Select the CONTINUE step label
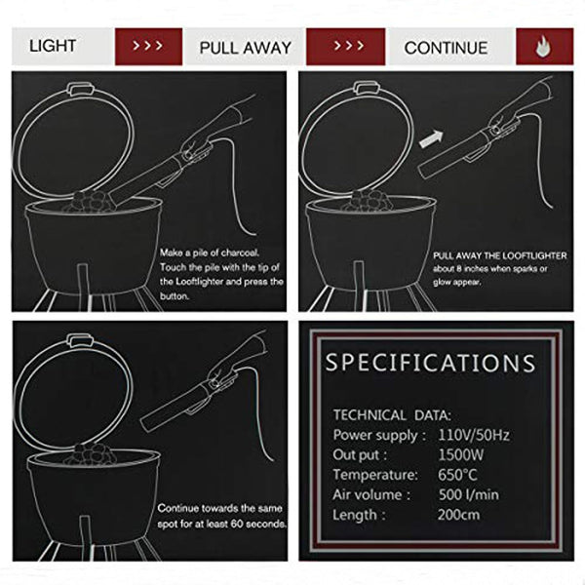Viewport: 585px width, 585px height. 446,47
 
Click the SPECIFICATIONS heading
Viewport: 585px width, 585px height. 430,364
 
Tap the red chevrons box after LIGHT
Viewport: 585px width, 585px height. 147,46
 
